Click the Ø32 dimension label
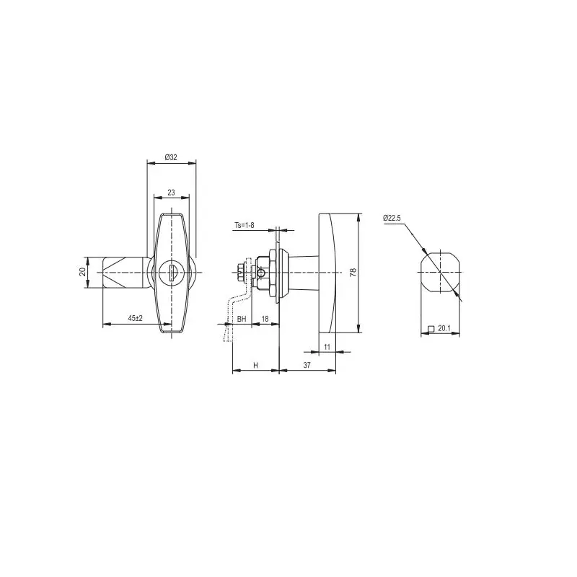click(x=171, y=157)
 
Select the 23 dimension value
click(x=171, y=193)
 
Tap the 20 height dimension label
click(x=82, y=272)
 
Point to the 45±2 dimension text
click(x=135, y=318)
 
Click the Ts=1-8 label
click(x=245, y=225)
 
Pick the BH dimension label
click(x=242, y=319)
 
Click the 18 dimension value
click(x=265, y=319)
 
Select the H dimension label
click(x=256, y=365)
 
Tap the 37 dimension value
click(x=307, y=365)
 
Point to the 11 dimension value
click(x=327, y=347)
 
